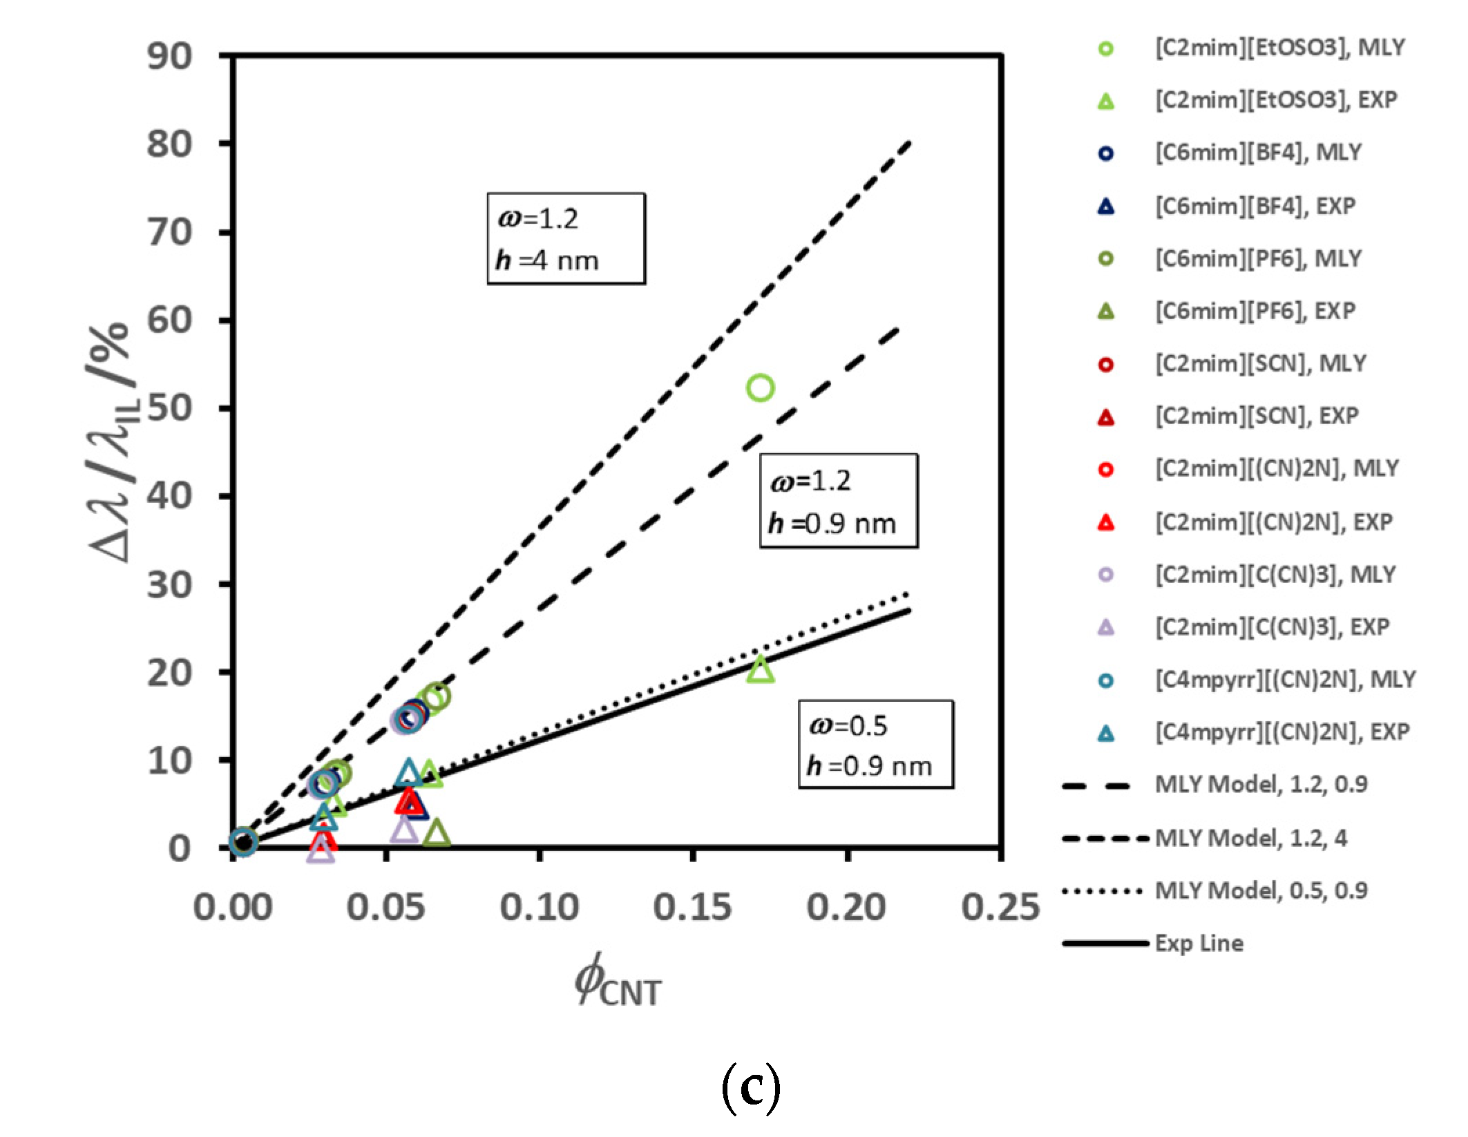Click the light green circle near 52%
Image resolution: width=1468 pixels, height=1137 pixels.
(760, 388)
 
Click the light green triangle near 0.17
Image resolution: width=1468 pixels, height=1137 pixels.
(760, 669)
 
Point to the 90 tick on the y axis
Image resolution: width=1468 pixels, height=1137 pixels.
(170, 56)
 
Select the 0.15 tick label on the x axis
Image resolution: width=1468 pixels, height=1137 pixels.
(692, 907)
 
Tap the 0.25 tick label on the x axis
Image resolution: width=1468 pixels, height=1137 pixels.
(1000, 907)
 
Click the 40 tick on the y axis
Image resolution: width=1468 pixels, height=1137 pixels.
(170, 496)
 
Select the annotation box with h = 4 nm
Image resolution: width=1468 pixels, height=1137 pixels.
(566, 239)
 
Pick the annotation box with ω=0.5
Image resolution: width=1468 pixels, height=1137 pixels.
(875, 745)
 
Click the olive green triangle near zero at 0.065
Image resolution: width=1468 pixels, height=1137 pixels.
(437, 834)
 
